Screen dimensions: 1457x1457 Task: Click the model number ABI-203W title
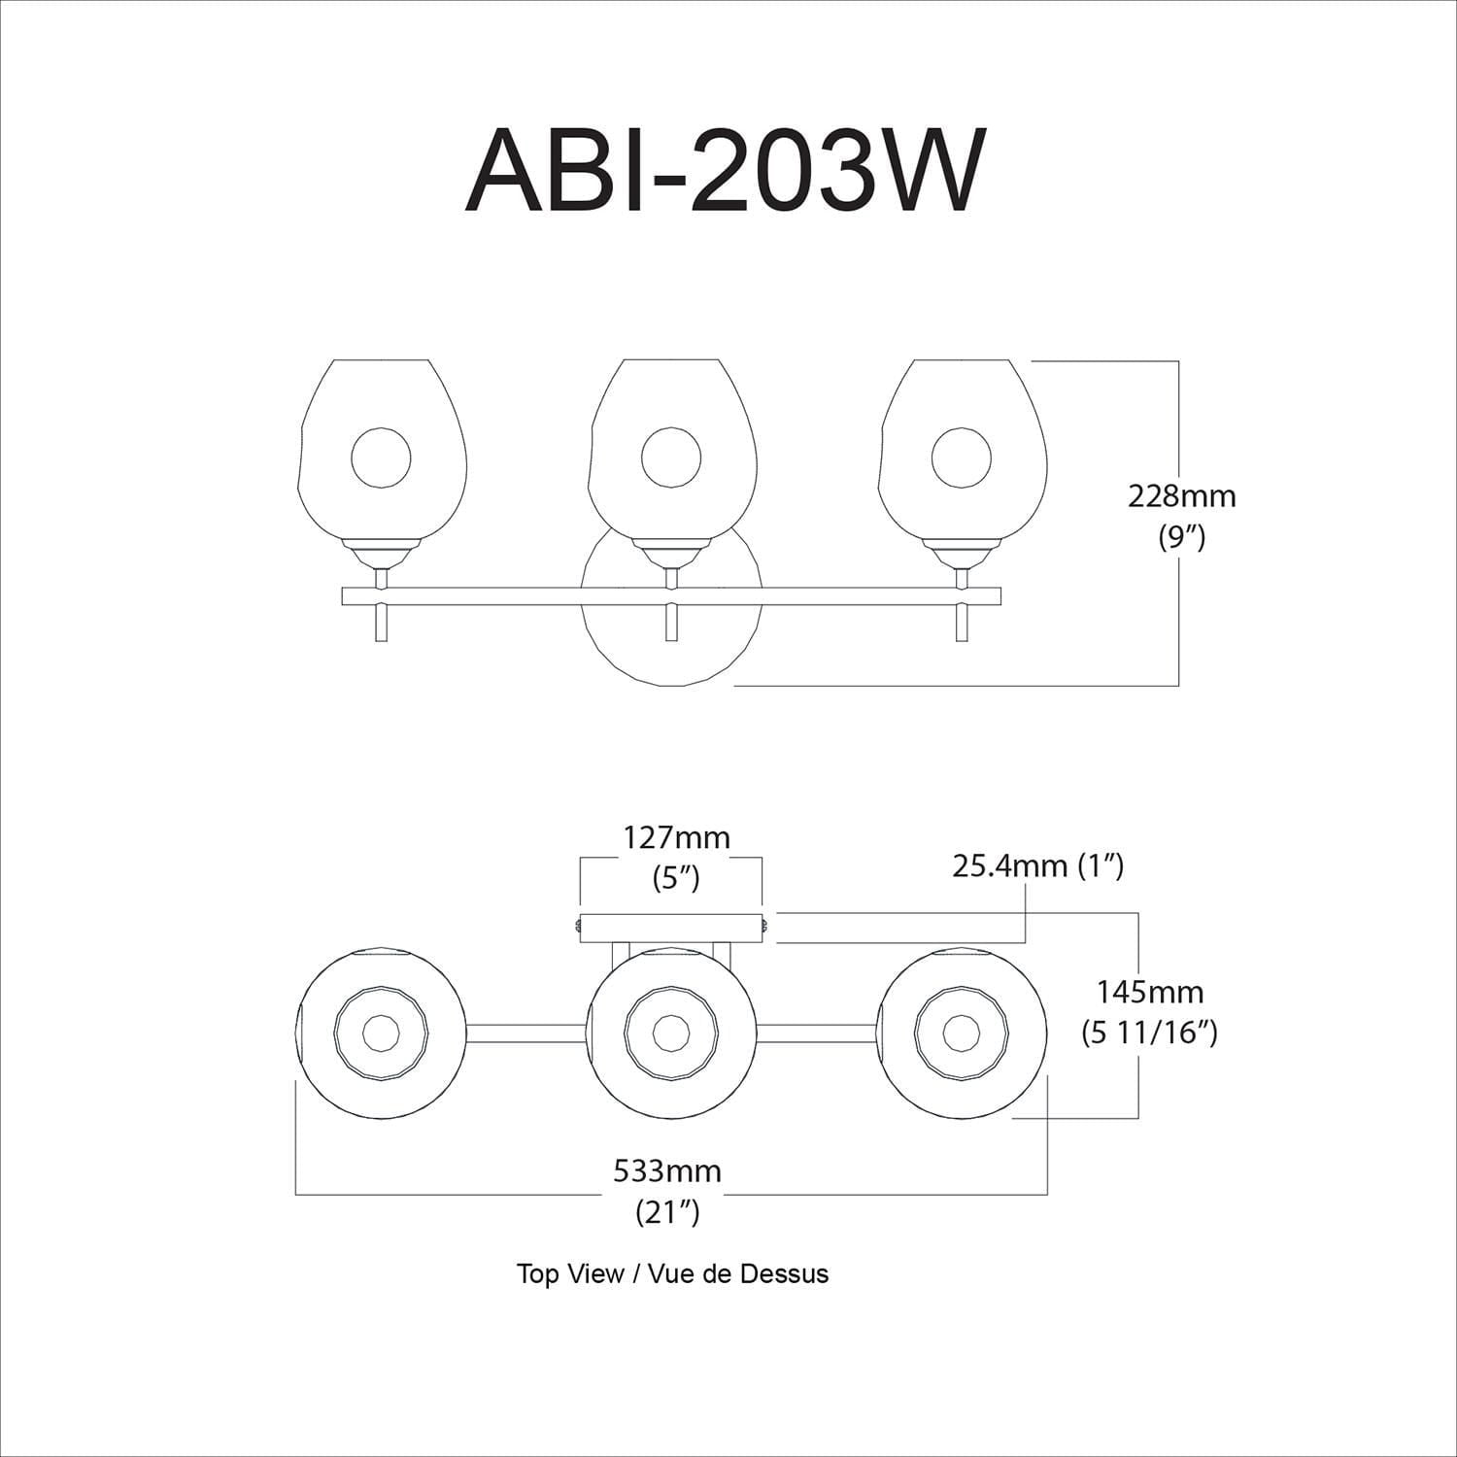(720, 171)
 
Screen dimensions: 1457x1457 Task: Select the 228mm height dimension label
(1181, 496)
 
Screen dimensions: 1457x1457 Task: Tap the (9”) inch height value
(1181, 537)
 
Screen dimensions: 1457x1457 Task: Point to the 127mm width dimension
(676, 836)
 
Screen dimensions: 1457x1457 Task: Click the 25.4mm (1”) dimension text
(1037, 865)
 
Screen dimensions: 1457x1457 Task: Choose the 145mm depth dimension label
(1150, 992)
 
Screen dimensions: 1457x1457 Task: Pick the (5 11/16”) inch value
(1150, 1033)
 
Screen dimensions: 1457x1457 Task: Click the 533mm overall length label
(667, 1170)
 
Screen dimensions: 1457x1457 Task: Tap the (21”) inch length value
(667, 1212)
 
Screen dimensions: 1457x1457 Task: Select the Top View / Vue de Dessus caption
(672, 1273)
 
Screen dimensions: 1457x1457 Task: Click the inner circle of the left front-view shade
(381, 457)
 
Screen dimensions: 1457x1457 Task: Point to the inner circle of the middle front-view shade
(670, 457)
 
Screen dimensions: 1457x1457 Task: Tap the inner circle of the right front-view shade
(961, 457)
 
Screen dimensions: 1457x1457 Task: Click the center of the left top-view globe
(380, 1032)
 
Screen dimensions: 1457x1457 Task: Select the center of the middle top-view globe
(670, 1032)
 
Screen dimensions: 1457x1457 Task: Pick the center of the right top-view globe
(961, 1032)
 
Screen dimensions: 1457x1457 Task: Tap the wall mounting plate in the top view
(670, 928)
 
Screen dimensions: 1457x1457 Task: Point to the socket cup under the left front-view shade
(381, 556)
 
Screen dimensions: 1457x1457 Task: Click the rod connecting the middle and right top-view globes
(816, 1032)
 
